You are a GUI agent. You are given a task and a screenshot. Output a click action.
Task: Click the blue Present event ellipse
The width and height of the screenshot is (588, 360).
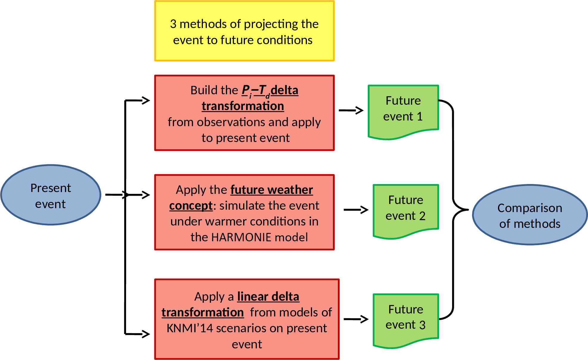tap(51, 195)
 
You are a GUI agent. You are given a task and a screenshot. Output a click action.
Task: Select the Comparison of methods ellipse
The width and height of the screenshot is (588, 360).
tap(530, 215)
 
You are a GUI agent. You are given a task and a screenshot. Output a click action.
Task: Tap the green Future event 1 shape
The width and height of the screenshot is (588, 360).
tap(403, 110)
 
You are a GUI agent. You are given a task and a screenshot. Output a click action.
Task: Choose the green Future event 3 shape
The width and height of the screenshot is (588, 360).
tap(406, 319)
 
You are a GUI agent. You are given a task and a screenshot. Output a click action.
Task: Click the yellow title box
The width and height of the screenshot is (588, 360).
tap(244, 31)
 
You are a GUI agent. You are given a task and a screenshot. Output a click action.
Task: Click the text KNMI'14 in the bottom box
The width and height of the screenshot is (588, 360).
tap(190, 328)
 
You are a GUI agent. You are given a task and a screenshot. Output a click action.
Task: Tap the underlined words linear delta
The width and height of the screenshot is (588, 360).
tap(268, 297)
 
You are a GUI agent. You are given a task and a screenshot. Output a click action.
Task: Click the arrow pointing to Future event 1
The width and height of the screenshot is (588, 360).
tap(351, 110)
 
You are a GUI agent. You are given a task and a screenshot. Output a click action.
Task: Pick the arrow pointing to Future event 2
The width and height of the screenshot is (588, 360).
tap(356, 210)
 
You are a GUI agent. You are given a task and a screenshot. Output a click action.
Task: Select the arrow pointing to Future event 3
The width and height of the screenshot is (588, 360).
tap(356, 319)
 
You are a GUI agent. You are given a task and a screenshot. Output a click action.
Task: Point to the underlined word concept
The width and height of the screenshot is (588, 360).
tap(191, 206)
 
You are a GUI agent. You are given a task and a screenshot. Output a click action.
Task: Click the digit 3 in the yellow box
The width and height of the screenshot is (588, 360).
tap(173, 24)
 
